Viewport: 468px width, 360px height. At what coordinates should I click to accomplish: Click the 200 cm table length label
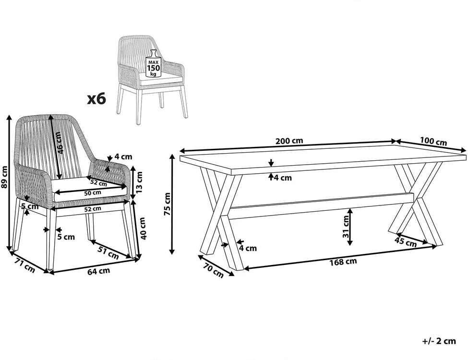click(289, 140)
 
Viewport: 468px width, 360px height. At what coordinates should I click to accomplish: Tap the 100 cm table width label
click(433, 141)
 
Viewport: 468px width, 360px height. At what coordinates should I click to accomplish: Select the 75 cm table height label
click(167, 204)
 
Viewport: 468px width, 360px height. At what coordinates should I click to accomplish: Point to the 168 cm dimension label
click(343, 262)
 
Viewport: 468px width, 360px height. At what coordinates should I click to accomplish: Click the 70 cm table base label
click(213, 270)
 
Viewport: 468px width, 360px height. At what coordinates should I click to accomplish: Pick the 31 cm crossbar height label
click(346, 227)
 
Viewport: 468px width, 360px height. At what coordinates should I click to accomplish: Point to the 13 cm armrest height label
click(139, 182)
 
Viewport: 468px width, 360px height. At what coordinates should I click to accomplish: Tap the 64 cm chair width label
click(98, 271)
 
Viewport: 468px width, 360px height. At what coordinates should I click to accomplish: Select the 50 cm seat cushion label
click(93, 193)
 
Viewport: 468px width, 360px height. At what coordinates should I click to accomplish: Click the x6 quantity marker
click(96, 98)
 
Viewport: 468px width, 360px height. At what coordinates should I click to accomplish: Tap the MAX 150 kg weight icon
click(153, 64)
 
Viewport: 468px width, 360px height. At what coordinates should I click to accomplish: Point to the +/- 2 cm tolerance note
click(439, 341)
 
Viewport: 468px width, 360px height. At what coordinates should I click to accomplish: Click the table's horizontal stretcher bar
click(322, 206)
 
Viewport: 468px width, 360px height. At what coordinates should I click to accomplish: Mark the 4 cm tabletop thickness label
click(282, 178)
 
